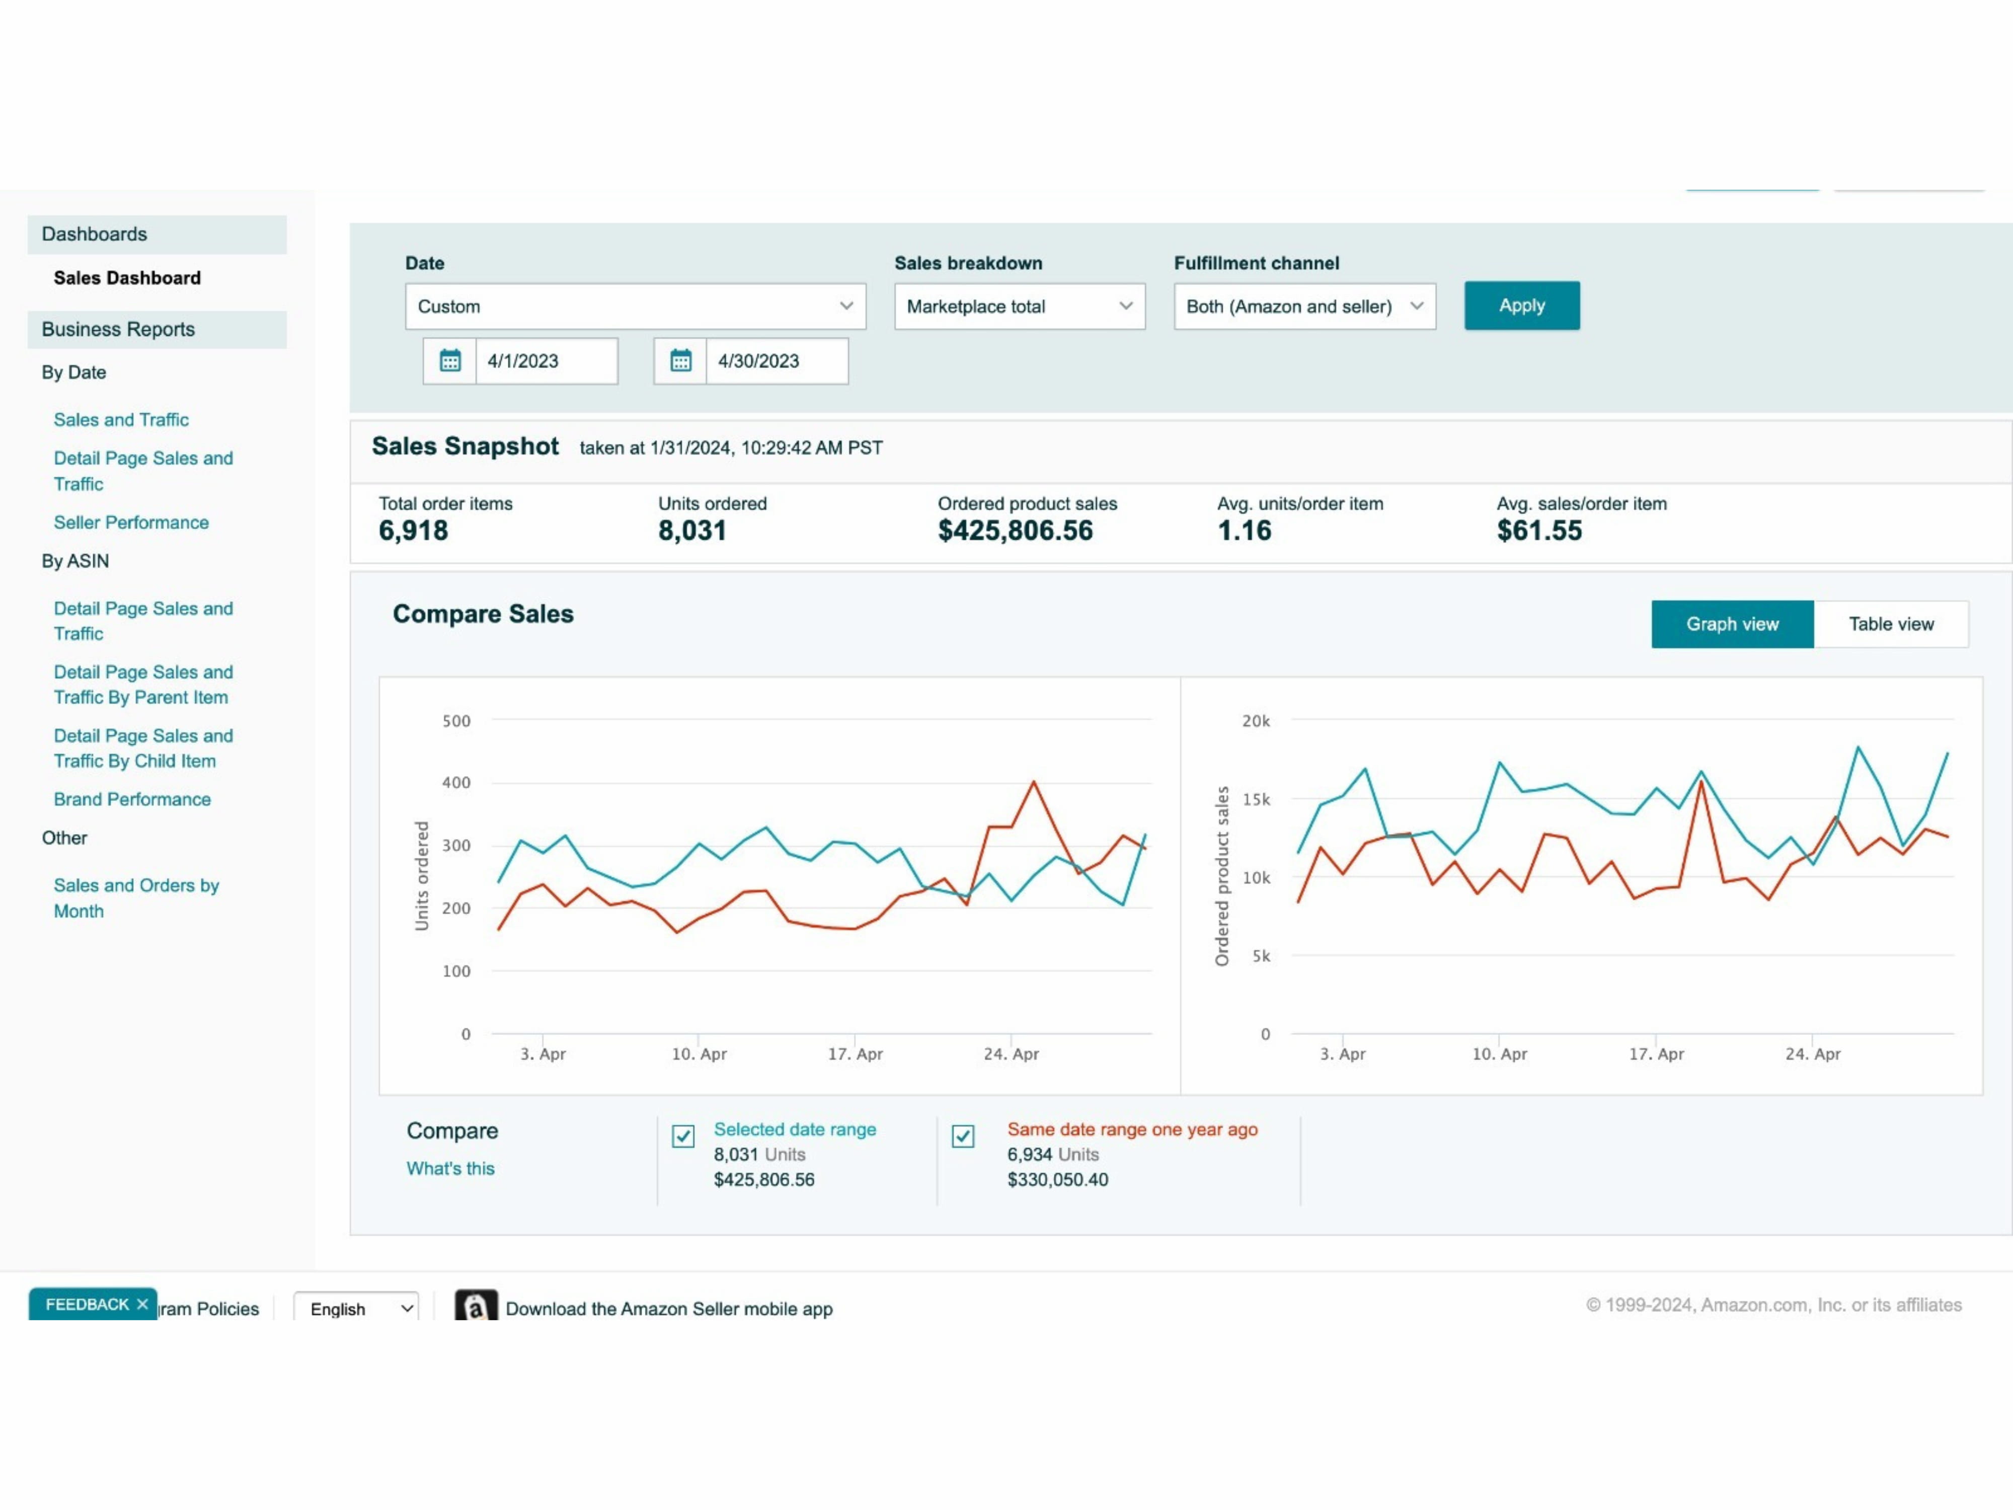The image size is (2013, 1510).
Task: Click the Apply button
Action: tap(1522, 306)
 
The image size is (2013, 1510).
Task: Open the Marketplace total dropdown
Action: tap(1019, 307)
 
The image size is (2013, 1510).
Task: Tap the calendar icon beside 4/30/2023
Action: tap(681, 361)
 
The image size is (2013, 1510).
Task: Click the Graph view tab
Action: tap(1732, 625)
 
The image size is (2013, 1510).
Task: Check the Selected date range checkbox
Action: tap(683, 1136)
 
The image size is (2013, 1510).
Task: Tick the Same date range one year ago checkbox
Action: tap(963, 1136)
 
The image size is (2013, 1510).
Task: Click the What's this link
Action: tap(450, 1169)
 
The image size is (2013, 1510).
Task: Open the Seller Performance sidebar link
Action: tap(131, 522)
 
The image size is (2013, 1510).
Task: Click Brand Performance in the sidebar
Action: tap(132, 799)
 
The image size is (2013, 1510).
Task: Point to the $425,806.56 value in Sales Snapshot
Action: tap(1015, 531)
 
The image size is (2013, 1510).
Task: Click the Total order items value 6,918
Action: tap(413, 531)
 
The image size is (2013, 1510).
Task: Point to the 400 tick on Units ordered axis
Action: tap(456, 783)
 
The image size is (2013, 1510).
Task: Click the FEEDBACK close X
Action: tap(143, 1304)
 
